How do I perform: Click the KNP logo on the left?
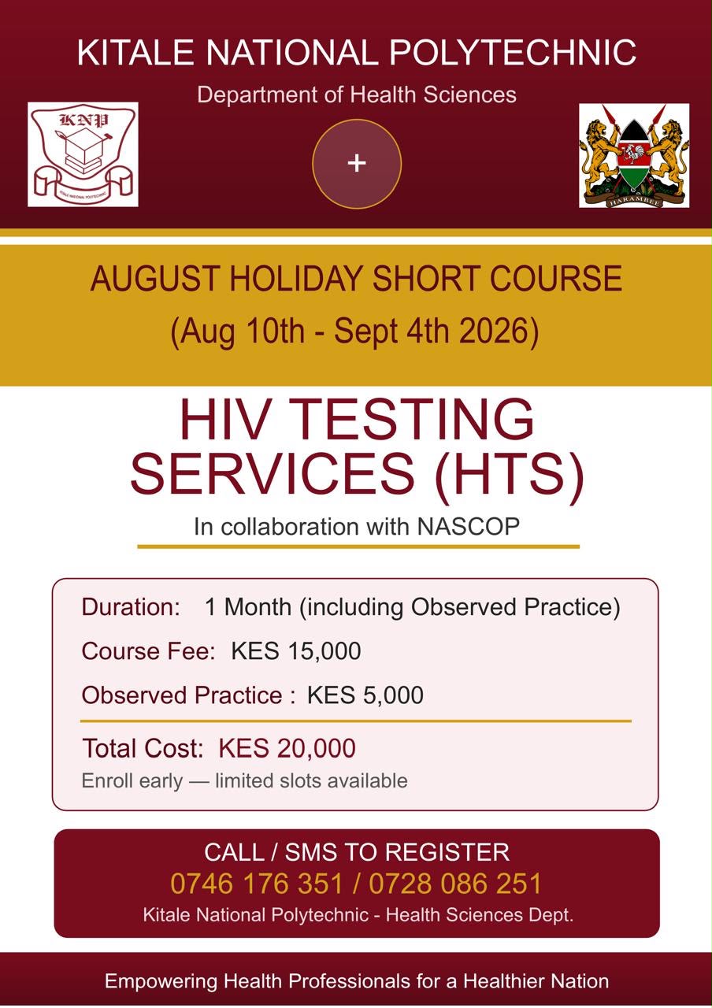click(x=83, y=154)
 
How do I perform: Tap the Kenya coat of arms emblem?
click(x=634, y=156)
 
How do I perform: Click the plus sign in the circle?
click(x=357, y=163)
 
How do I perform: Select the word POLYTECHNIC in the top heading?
click(x=513, y=53)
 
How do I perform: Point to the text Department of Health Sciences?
click(x=357, y=95)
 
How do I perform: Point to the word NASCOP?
click(x=468, y=527)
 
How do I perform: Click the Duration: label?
click(x=131, y=607)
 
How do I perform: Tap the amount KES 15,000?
click(x=295, y=651)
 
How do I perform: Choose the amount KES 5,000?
click(x=365, y=695)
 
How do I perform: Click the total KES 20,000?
click(x=287, y=748)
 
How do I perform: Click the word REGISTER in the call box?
click(x=447, y=852)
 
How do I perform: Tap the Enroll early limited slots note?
click(x=244, y=780)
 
